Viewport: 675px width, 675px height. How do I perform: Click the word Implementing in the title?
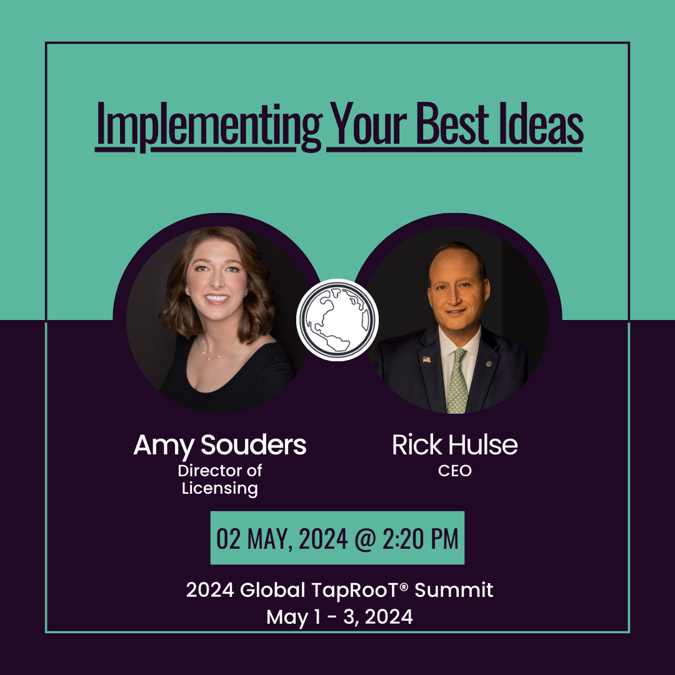click(x=209, y=125)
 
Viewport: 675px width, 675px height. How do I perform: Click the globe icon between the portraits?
click(x=337, y=319)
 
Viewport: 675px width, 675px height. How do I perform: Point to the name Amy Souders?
click(x=220, y=446)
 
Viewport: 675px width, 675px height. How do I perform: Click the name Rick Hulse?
click(x=454, y=444)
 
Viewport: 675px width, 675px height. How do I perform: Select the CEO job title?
click(x=454, y=471)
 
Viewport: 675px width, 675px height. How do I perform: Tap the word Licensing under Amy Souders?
click(x=219, y=489)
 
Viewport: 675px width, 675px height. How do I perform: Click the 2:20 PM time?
click(x=420, y=539)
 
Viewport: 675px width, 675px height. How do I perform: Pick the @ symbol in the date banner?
click(x=365, y=539)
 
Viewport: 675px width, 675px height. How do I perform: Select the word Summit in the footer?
click(x=454, y=589)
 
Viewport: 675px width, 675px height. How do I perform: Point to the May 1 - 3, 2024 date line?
click(x=339, y=616)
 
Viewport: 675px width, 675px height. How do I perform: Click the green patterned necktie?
click(x=457, y=381)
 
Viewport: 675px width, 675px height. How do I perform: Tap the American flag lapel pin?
click(x=426, y=359)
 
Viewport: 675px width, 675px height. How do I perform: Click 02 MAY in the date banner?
click(x=251, y=539)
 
